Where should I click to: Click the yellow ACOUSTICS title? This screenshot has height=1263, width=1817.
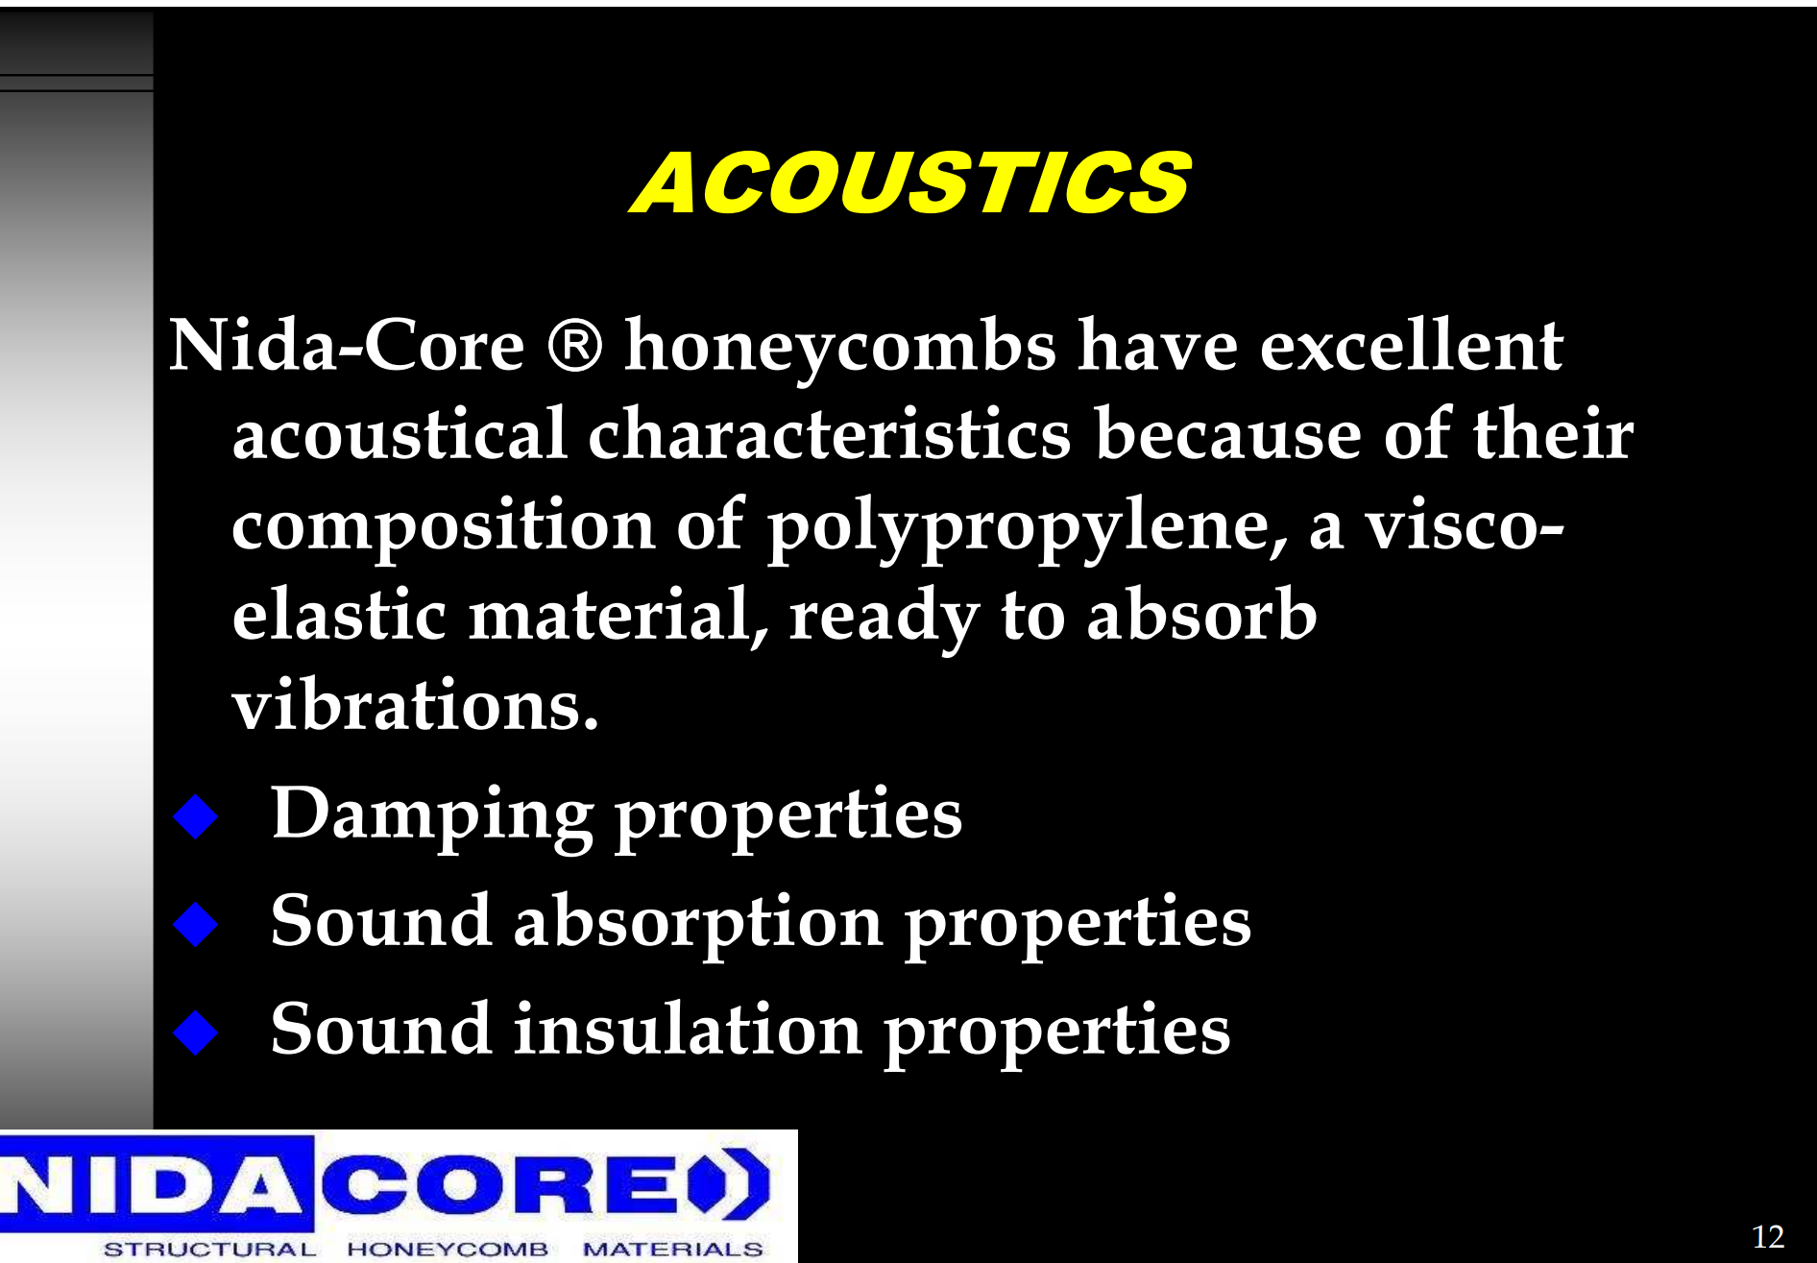[x=910, y=182]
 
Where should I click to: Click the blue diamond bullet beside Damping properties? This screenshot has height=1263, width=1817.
[x=196, y=816]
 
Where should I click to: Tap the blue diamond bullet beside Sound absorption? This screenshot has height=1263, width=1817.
[x=196, y=924]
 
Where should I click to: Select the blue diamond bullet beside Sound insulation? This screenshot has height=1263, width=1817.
[x=196, y=1032]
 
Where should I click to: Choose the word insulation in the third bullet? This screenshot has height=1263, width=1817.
[x=688, y=1029]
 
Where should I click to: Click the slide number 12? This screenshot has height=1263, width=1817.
[x=1768, y=1236]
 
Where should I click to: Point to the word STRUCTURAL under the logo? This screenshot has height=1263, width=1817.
[x=209, y=1249]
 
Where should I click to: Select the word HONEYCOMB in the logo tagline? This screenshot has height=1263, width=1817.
[x=448, y=1249]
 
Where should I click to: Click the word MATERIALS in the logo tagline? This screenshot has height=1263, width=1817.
[x=672, y=1249]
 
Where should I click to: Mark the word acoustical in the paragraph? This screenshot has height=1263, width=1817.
[x=400, y=434]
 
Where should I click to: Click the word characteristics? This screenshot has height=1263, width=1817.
[x=829, y=434]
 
